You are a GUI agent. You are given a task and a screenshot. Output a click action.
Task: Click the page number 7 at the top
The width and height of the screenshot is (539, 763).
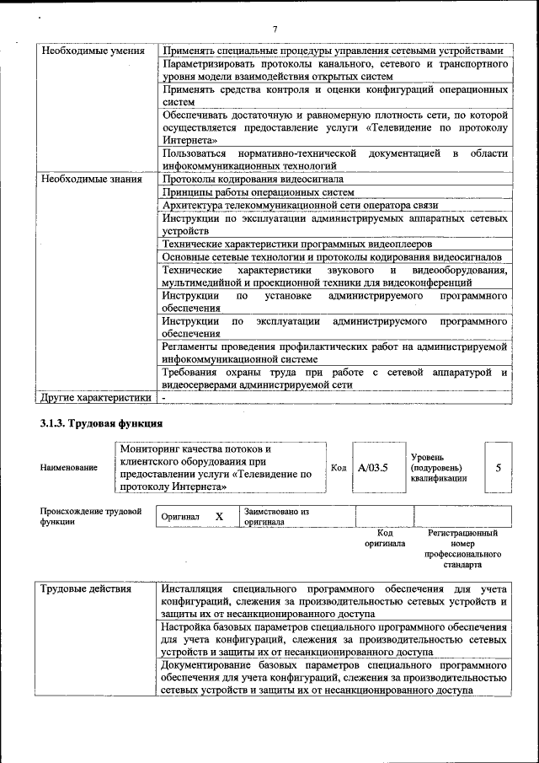click(275, 30)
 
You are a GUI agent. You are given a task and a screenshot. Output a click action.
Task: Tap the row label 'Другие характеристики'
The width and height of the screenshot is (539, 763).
click(96, 397)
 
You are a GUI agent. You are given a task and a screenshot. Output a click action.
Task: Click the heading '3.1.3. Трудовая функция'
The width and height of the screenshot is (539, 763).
click(101, 422)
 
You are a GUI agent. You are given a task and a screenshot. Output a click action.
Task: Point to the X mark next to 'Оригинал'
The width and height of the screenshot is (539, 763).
click(219, 516)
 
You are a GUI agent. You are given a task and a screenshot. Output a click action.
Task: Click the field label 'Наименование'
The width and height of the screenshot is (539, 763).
click(68, 468)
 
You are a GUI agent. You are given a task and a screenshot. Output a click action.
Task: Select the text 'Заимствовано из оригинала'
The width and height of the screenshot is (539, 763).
click(277, 516)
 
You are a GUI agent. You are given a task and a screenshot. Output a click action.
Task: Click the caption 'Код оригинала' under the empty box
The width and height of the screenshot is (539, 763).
click(385, 538)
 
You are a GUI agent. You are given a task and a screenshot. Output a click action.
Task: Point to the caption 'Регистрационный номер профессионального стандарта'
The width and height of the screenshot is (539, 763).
click(462, 549)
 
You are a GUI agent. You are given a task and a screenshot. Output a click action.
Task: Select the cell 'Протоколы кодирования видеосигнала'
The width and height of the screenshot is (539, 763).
click(253, 179)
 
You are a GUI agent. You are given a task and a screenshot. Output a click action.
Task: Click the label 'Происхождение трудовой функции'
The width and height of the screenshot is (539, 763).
click(90, 516)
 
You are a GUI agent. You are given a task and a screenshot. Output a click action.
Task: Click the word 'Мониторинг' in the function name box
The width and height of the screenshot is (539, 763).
click(150, 449)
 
